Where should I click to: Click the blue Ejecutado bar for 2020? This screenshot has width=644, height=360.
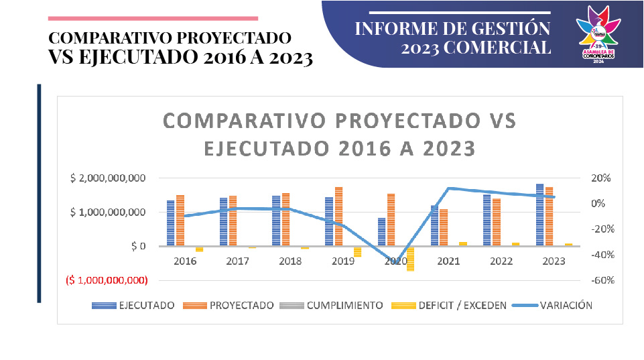381,232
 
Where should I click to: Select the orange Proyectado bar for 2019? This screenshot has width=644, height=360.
338,217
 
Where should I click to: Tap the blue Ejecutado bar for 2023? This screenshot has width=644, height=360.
539,215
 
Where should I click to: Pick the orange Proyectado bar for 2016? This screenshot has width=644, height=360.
180,221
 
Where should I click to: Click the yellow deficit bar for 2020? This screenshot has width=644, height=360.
410,258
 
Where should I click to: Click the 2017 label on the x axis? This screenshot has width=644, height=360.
238,261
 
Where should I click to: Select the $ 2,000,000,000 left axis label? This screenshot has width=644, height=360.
108,178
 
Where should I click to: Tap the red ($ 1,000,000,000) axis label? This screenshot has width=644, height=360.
107,280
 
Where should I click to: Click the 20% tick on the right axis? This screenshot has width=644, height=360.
600,178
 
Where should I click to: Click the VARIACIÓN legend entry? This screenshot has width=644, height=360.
564,305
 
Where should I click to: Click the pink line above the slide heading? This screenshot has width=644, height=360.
153,18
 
